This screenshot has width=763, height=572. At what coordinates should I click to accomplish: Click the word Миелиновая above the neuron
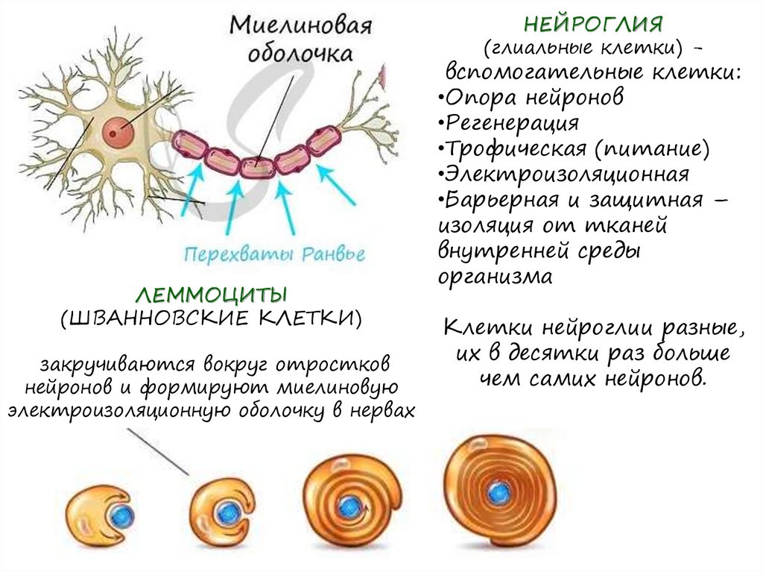click(300, 28)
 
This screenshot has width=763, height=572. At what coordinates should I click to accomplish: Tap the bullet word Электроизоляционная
click(565, 174)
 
